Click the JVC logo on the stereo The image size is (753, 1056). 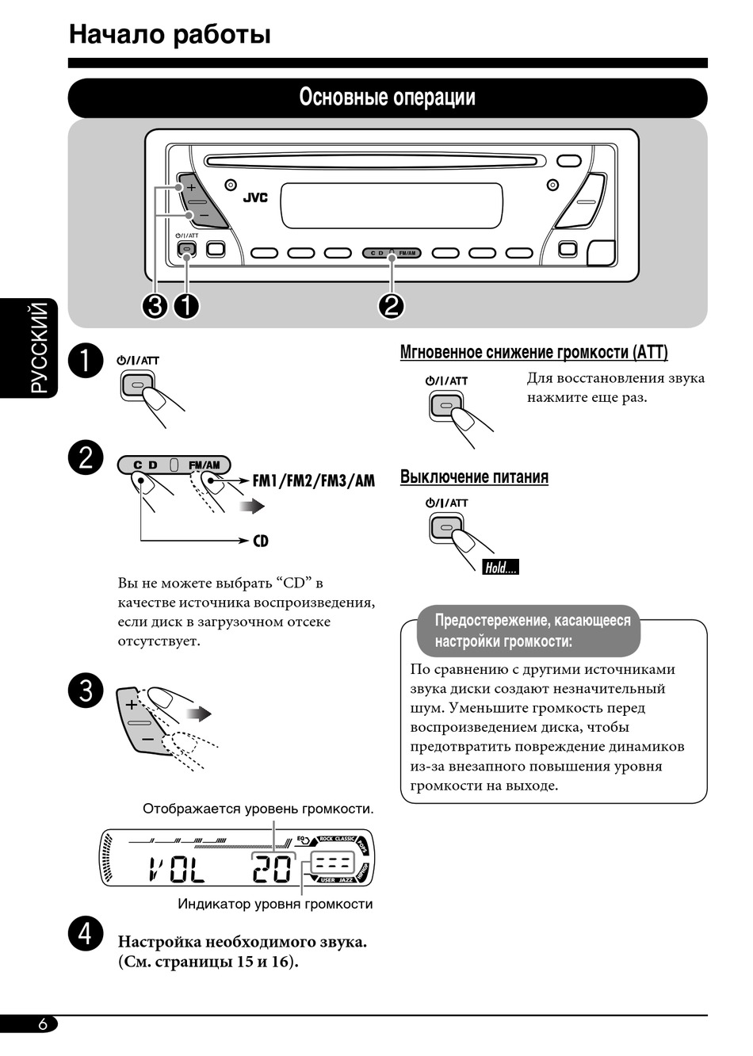click(254, 197)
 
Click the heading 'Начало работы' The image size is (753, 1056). click(170, 34)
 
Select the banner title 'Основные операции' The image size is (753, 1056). click(387, 98)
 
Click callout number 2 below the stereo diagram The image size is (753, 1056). click(392, 305)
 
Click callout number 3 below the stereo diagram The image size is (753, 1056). click(155, 305)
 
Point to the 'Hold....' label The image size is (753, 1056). click(500, 567)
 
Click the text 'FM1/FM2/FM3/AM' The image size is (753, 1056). click(314, 480)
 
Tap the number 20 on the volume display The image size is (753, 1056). click(272, 870)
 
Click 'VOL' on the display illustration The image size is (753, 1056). click(177, 870)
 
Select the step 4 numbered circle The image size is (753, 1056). click(85, 933)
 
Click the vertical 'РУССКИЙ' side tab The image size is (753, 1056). click(39, 348)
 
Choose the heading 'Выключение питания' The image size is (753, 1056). click(474, 477)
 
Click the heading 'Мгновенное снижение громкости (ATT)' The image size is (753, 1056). click(533, 352)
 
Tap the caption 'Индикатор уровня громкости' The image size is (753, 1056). click(275, 904)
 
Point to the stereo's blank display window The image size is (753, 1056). click(392, 205)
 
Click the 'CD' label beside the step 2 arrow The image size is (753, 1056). click(261, 541)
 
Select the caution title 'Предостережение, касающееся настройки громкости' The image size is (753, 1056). click(533, 630)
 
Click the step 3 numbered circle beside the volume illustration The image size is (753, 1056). click(86, 690)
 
